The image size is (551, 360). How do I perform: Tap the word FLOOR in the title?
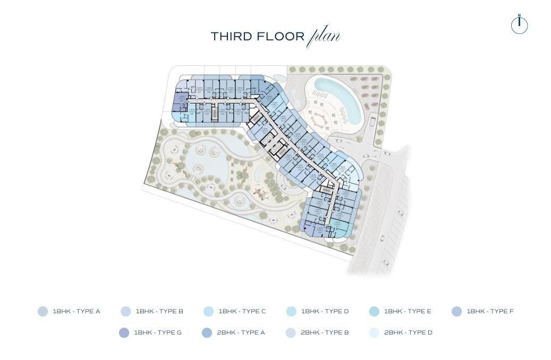(x=280, y=37)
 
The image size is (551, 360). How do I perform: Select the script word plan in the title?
(x=324, y=37)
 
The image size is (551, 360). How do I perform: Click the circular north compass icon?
(x=519, y=25)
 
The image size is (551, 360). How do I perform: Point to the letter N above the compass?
(x=519, y=15)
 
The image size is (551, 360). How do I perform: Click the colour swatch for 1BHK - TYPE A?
(x=43, y=312)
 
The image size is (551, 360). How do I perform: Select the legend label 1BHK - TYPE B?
(x=159, y=312)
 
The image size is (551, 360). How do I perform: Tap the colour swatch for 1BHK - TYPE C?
(x=208, y=312)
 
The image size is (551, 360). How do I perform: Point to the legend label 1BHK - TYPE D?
(x=325, y=312)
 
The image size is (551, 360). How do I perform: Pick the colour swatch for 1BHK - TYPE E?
(x=374, y=312)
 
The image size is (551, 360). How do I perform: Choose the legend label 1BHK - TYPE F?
(x=490, y=312)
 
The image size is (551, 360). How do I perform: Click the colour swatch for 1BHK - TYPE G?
(x=124, y=333)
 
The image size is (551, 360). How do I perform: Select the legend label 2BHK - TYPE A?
(x=241, y=333)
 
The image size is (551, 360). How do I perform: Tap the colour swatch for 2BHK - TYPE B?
(x=290, y=333)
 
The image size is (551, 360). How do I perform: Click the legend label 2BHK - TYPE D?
(x=408, y=333)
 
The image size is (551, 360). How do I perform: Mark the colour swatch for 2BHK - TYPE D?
(x=374, y=333)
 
